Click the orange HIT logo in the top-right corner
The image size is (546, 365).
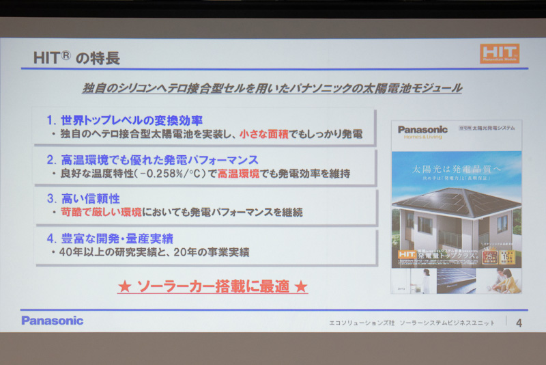(499, 53)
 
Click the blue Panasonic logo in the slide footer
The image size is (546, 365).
(52, 320)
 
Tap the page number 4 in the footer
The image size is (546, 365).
(519, 322)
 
